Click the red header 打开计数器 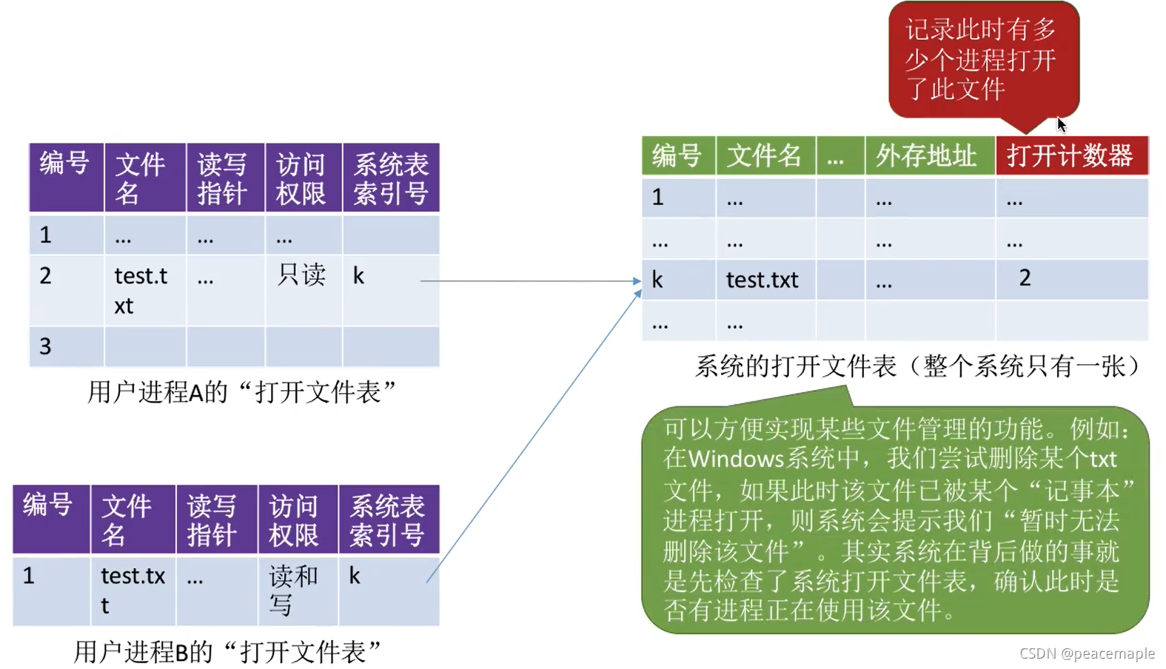(1070, 156)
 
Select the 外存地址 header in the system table (926, 156)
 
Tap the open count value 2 (1025, 278)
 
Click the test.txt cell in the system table (762, 280)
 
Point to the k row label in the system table (657, 280)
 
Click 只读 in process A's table (301, 275)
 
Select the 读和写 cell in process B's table (293, 590)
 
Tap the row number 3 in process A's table (46, 346)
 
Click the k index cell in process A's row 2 (358, 276)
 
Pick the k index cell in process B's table (355, 576)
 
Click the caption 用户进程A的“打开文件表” (241, 391)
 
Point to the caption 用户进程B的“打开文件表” (227, 652)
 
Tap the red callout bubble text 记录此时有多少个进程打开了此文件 (980, 59)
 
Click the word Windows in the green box (735, 459)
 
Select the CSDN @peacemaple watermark (1086, 653)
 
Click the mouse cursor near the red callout (1061, 124)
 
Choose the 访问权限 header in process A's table (301, 178)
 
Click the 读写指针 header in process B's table (212, 520)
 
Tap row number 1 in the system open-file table (657, 197)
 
